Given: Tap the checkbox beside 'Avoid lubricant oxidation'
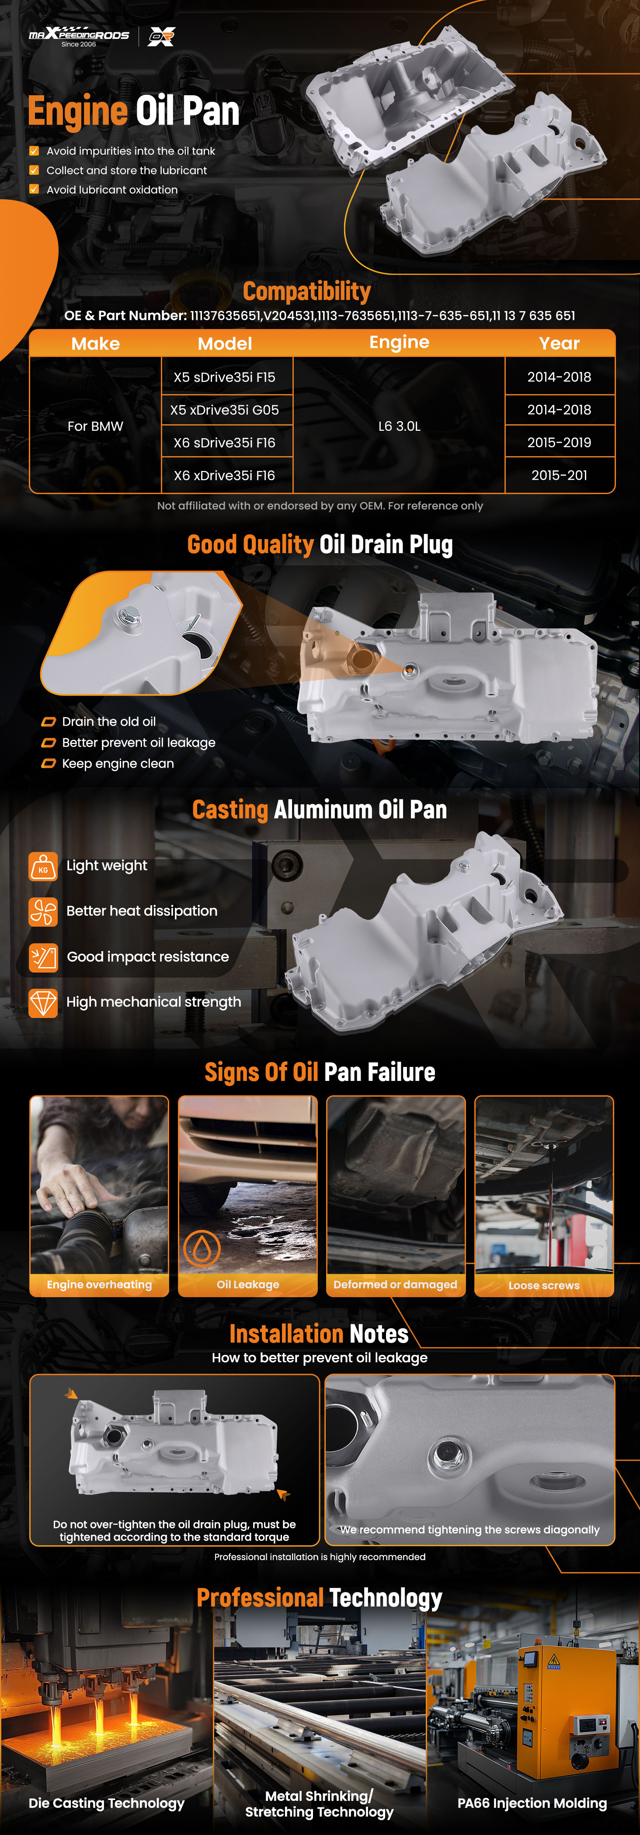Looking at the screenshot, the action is pos(34,190).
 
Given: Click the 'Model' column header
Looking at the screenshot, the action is pos(225,343).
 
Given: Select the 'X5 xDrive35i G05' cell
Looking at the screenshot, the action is pos(225,410).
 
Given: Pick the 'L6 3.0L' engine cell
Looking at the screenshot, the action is pos(399,426).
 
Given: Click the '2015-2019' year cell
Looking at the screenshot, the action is pos(560,442).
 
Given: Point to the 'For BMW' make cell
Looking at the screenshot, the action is pos(95,426).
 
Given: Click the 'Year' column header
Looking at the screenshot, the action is pos(560,343).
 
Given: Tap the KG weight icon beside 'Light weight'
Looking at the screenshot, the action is pos(43,866).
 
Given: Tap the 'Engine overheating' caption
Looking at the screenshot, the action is pos(99,1284).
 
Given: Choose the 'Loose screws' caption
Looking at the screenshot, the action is pos(544,1285).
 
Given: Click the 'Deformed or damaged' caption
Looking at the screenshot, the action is pos(396,1284).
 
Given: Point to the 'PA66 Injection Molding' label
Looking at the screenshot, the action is pos(532,1803).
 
